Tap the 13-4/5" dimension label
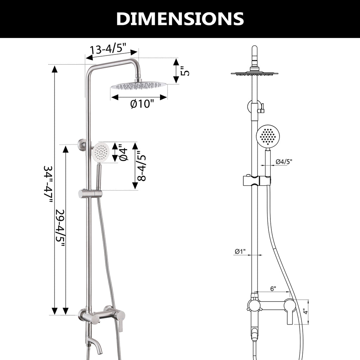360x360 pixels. click(108, 49)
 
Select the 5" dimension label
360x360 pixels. click(185, 71)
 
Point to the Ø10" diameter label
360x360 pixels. click(142, 104)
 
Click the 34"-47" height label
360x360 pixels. click(48, 184)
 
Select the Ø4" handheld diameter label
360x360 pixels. click(123, 152)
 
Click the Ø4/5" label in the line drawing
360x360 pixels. click(284, 162)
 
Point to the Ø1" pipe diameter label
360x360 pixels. click(240, 251)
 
